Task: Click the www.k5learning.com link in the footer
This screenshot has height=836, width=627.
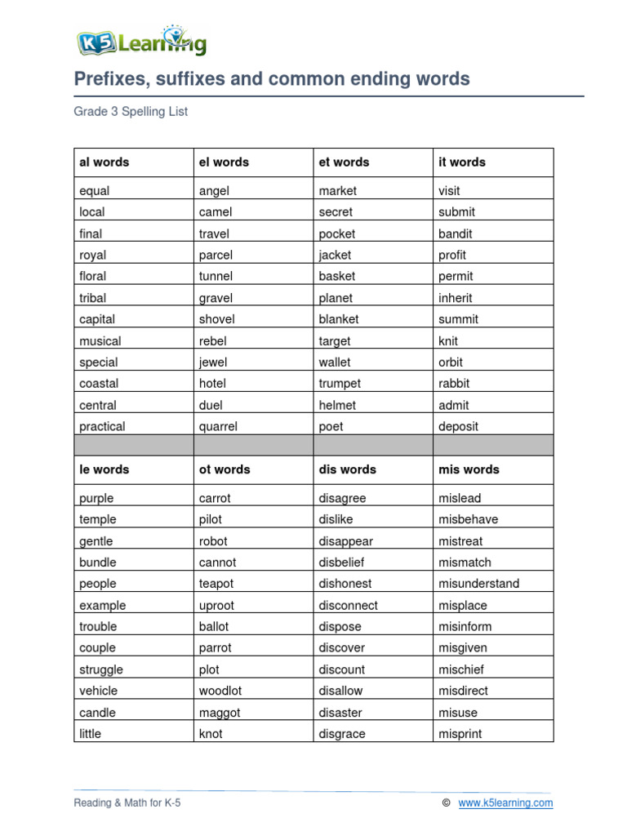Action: pos(505,803)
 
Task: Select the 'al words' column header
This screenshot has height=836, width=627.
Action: pos(104,162)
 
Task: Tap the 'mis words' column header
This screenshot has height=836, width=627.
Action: pos(469,469)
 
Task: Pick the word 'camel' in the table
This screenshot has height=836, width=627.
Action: pos(216,212)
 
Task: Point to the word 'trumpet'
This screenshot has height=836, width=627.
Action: pos(340,384)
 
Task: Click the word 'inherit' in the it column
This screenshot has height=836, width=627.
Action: pos(455,298)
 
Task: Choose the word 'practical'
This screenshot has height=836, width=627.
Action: pos(102,426)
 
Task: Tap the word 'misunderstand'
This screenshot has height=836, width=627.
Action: pos(478,584)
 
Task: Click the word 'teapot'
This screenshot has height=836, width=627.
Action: pos(216,584)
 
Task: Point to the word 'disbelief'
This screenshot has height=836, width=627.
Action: pos(341,563)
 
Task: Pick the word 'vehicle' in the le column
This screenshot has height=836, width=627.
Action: pos(99,691)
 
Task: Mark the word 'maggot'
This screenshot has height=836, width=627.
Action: pos(219,713)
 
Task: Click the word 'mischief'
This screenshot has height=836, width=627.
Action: pos(461,669)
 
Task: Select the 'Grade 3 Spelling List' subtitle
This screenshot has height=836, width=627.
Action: pos(131,112)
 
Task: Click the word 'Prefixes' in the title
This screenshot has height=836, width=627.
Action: pos(109,79)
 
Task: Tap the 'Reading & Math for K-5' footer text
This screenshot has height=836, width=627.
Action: pos(127,803)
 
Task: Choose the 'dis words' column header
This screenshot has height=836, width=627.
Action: pos(347,469)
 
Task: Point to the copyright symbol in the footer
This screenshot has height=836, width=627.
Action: pos(446,803)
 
